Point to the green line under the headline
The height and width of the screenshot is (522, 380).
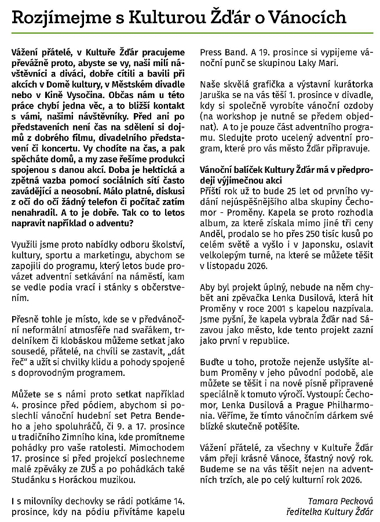pos(190,34)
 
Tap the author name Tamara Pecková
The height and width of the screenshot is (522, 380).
pos(338,500)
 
